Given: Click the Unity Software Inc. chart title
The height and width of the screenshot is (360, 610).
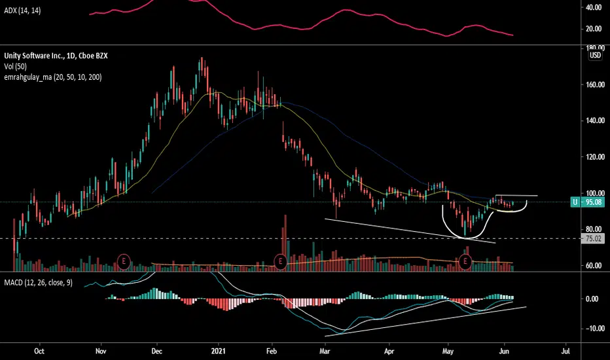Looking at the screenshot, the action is (x=56, y=56).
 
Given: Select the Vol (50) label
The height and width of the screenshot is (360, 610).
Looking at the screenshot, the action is (x=15, y=67).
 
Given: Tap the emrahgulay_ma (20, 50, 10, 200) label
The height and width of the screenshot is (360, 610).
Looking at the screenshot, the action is (x=53, y=77).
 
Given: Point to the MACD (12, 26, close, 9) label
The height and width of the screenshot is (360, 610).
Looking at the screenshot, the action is (x=38, y=283).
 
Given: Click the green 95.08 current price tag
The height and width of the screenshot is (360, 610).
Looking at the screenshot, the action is (x=588, y=202).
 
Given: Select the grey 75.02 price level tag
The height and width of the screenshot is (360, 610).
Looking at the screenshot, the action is (x=592, y=238).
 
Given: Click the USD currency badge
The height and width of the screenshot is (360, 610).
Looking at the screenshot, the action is (x=595, y=55).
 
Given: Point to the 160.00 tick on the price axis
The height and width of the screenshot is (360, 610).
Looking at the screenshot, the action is (x=595, y=84).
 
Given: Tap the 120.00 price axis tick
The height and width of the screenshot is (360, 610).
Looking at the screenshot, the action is (x=595, y=157).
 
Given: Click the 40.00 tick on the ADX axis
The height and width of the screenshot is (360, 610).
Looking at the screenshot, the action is (x=594, y=7).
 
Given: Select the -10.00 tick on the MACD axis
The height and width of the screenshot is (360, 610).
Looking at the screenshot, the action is (x=595, y=329).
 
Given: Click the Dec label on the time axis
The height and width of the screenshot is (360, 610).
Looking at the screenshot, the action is (x=157, y=351).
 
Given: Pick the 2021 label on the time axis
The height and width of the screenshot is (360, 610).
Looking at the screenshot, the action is (x=218, y=351).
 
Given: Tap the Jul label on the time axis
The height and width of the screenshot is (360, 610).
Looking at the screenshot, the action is (x=565, y=351).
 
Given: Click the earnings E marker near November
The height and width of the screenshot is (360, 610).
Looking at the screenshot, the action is (x=124, y=261).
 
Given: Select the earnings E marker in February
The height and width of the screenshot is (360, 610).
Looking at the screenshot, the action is (x=280, y=261).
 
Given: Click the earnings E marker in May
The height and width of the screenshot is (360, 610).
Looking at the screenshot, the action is (x=465, y=261).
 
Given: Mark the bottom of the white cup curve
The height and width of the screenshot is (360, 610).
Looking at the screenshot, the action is (x=467, y=238).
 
